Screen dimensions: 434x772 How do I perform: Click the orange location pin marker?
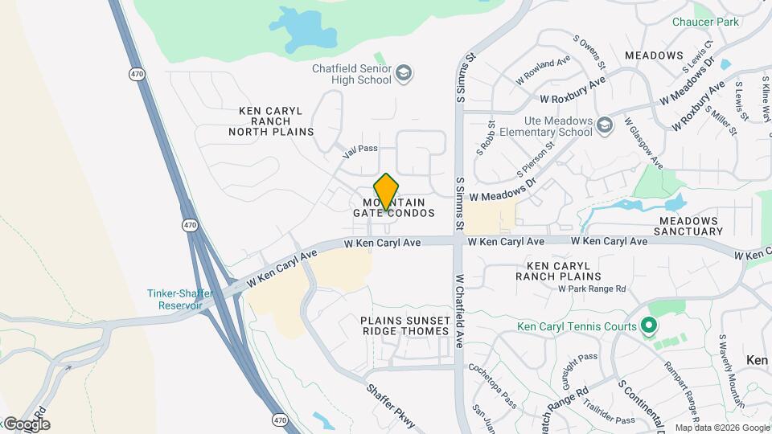pos(387,191)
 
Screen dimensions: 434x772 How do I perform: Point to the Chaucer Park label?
pos(705,23)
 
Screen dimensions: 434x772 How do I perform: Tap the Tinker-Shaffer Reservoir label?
pos(180,300)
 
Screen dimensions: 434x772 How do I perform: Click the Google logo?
pos(27,424)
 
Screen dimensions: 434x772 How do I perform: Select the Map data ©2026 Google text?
pos(721,428)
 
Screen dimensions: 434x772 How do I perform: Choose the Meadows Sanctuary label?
pos(691,226)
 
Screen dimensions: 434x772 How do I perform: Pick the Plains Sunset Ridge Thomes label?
pos(404,325)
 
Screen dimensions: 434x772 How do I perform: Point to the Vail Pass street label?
pos(359,149)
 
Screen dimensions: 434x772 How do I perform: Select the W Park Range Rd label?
pos(592,289)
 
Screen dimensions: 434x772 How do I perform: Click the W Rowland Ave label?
pos(544,69)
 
